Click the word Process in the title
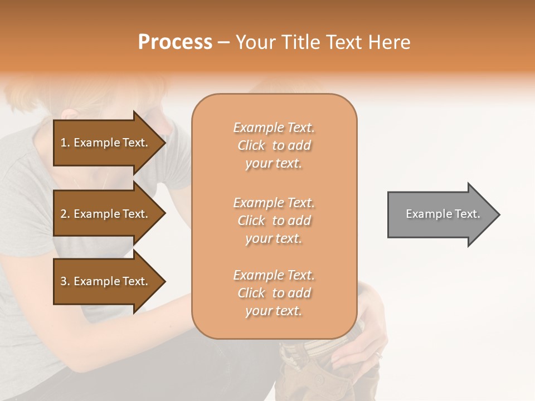[175, 42]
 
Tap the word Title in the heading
[301, 42]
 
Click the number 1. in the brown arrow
[65, 143]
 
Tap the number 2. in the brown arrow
[65, 214]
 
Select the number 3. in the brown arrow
[65, 281]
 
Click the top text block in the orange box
[274, 145]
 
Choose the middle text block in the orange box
[274, 221]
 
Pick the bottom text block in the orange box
[274, 293]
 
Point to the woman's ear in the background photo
[70, 114]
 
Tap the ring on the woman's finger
[378, 354]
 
